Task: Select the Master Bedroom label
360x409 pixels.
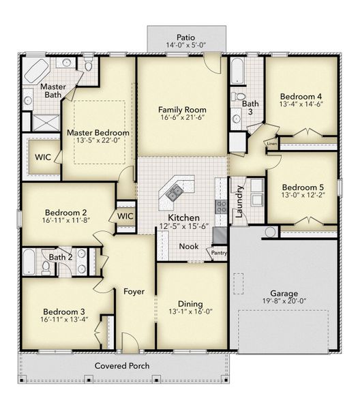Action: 97,133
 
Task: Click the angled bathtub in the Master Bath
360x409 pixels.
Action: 37,70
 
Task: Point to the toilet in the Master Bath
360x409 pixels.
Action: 89,66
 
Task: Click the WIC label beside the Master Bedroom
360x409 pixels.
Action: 43,157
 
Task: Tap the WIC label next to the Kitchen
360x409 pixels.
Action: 125,216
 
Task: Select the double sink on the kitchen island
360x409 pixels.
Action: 175,192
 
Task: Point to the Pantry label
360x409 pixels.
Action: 219,253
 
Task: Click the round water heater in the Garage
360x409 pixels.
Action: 271,232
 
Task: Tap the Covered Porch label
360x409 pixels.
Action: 122,365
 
